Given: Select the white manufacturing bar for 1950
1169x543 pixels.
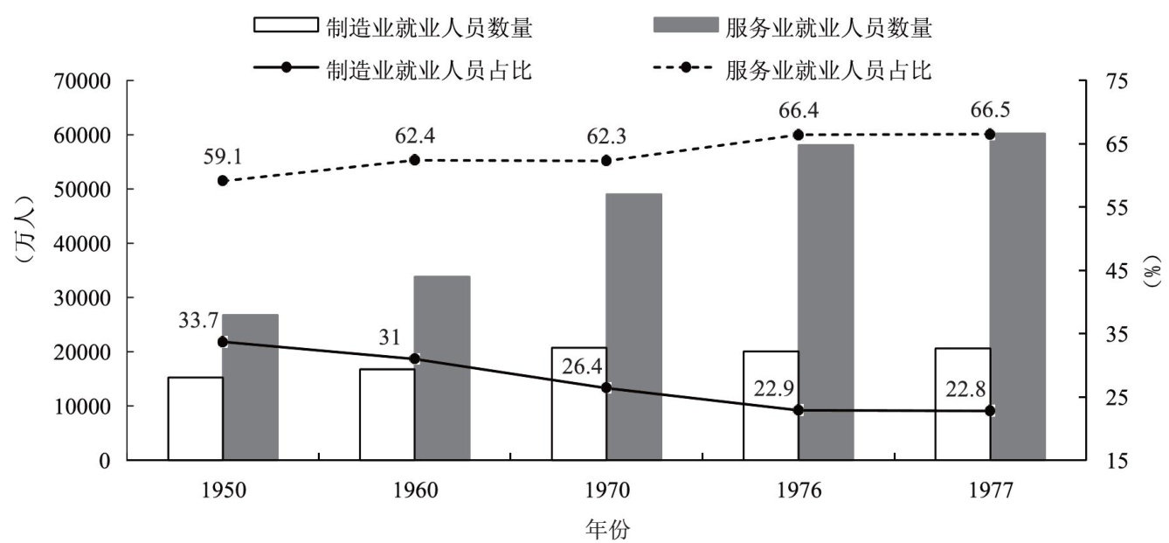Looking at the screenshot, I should [x=195, y=418].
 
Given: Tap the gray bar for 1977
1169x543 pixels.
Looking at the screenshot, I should [x=1017, y=296].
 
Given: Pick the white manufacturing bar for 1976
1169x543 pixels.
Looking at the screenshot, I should [x=771, y=405].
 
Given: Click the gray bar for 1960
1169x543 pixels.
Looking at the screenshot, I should [x=442, y=368].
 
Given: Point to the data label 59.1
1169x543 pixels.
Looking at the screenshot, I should [x=223, y=157].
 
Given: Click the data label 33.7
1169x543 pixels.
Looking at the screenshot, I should [x=198, y=320].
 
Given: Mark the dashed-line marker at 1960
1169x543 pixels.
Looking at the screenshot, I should [x=415, y=160].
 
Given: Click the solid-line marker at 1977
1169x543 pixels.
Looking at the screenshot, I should [x=990, y=410].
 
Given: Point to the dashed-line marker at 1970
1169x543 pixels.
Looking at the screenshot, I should [x=606, y=161].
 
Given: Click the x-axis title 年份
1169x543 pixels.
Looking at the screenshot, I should [x=606, y=528].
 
